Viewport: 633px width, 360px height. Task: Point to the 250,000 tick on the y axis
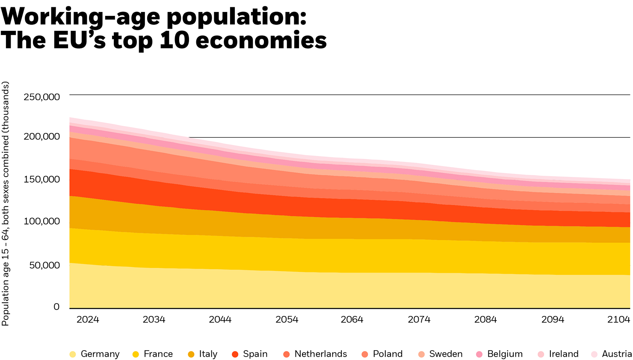click(42, 97)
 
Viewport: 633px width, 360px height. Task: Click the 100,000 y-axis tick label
click(42, 221)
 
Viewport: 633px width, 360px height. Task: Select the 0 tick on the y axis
click(56, 307)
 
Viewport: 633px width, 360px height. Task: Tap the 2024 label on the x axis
click(88, 320)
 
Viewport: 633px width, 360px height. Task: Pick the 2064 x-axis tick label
click(352, 320)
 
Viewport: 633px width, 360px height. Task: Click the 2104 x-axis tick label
click(619, 320)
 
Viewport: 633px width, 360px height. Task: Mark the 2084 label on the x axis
click(485, 320)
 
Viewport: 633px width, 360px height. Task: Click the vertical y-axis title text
click(6, 204)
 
